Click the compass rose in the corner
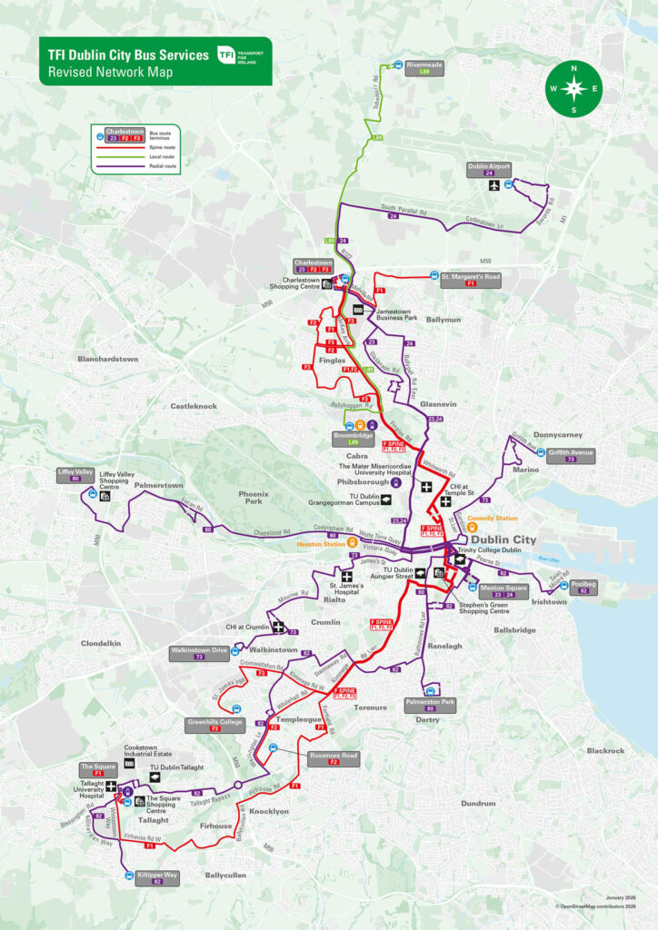[x=573, y=88]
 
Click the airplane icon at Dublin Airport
[x=493, y=185]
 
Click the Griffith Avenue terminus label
[x=571, y=454]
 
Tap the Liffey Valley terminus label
[x=75, y=474]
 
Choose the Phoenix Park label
[x=254, y=497]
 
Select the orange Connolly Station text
[x=493, y=519]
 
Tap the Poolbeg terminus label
[x=583, y=586]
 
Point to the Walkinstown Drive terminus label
[x=198, y=652]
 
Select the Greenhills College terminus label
[x=214, y=725]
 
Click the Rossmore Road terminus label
[x=334, y=758]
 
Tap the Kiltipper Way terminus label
[x=157, y=876]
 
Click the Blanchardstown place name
[x=107, y=359]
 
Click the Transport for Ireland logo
[x=240, y=55]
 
